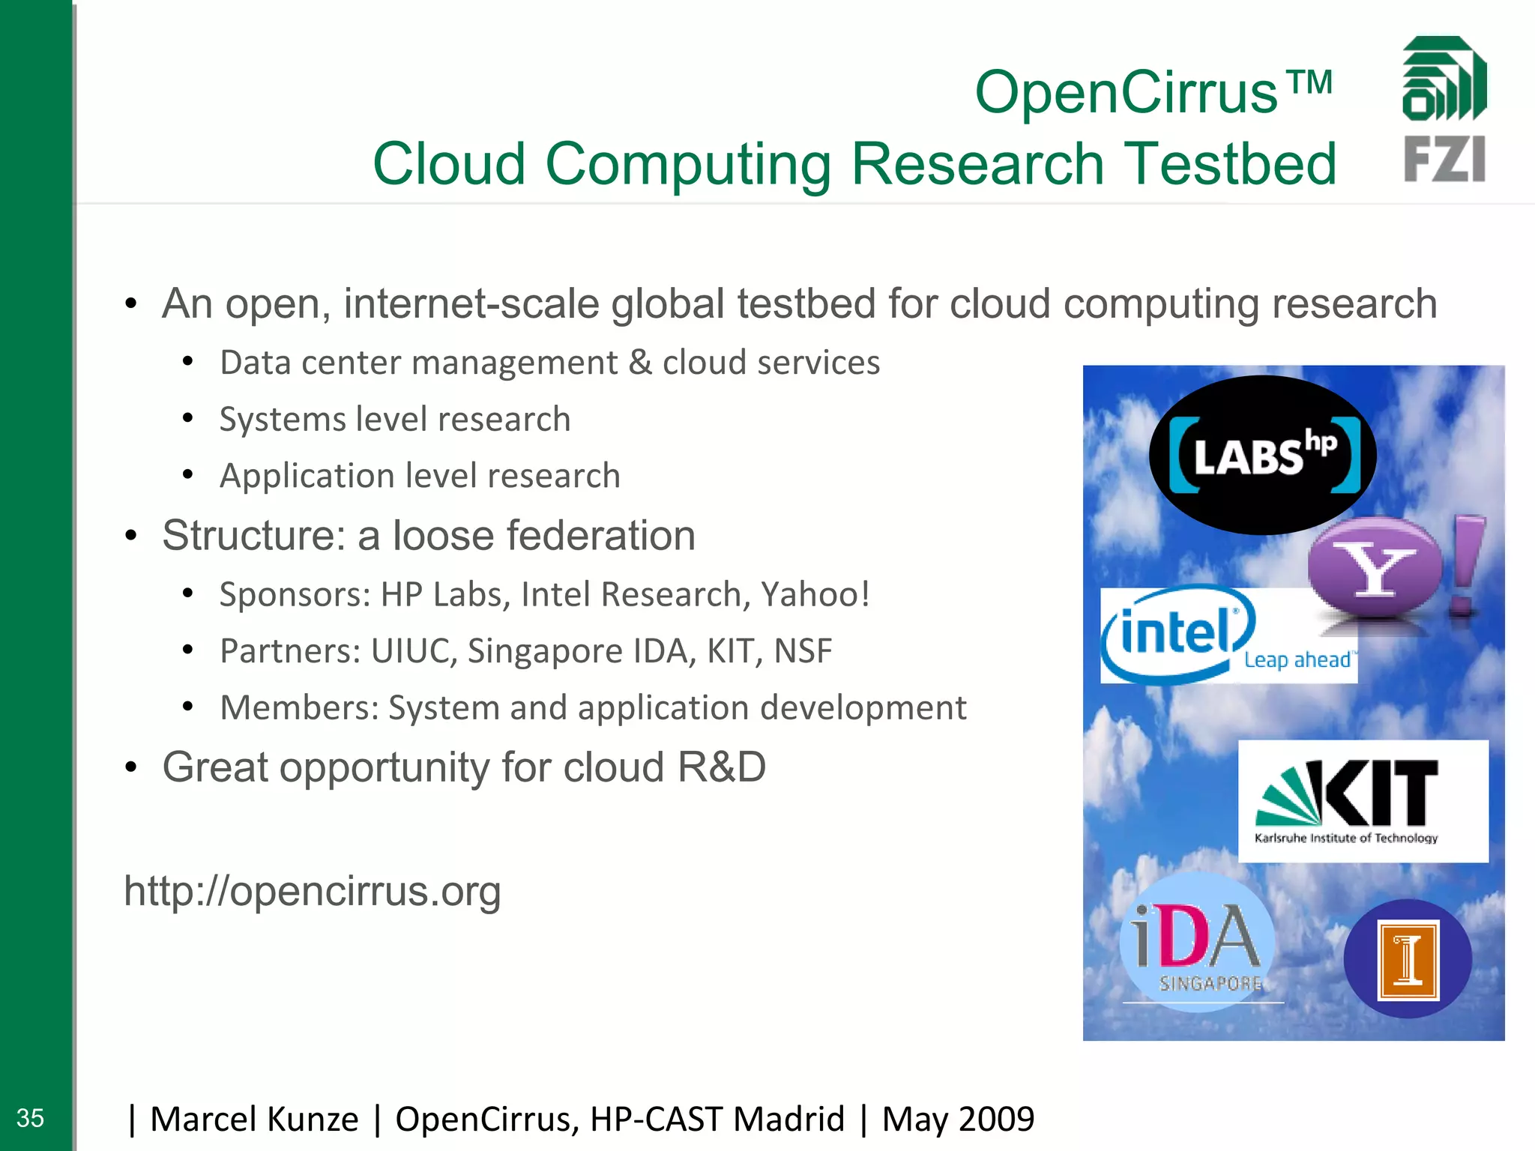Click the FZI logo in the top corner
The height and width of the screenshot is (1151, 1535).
pyautogui.click(x=1444, y=109)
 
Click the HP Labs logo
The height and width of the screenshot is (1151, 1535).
pyautogui.click(x=1263, y=455)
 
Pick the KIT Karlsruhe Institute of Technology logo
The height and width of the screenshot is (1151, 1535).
pyautogui.click(x=1363, y=800)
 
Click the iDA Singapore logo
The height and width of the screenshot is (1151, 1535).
pyautogui.click(x=1198, y=943)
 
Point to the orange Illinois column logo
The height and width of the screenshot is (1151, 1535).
pyautogui.click(x=1408, y=959)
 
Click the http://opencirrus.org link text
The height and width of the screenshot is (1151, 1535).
pyautogui.click(x=313, y=891)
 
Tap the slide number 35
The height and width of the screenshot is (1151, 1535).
pyautogui.click(x=30, y=1118)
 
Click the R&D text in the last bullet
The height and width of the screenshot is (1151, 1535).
pyautogui.click(x=721, y=767)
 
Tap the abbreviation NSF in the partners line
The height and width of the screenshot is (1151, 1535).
pyautogui.click(x=803, y=651)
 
